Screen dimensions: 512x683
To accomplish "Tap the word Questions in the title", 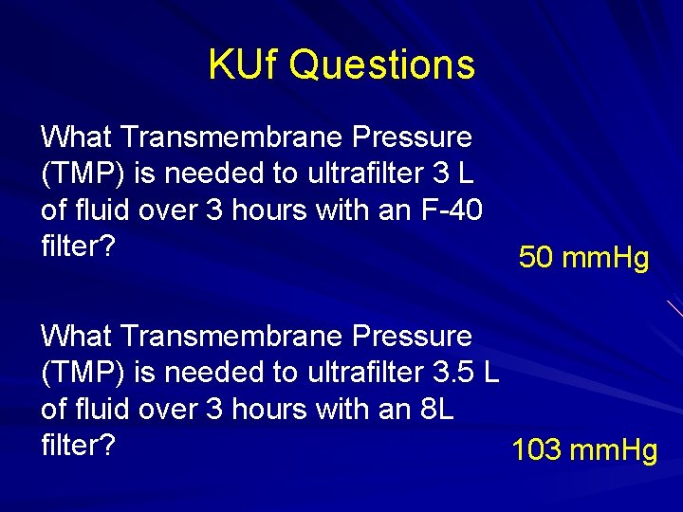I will (x=381, y=65).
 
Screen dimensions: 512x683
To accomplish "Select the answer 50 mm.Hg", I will (x=583, y=258).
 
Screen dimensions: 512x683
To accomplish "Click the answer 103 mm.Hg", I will (x=584, y=450).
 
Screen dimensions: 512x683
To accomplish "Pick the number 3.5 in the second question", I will (x=454, y=373).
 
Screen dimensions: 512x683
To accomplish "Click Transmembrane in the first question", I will (x=230, y=137).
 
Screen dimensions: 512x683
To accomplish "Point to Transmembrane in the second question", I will (x=230, y=336).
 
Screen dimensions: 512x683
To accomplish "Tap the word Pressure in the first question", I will (x=412, y=137).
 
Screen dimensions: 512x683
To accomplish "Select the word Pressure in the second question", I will (x=412, y=336).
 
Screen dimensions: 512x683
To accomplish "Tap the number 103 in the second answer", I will (x=538, y=450).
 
